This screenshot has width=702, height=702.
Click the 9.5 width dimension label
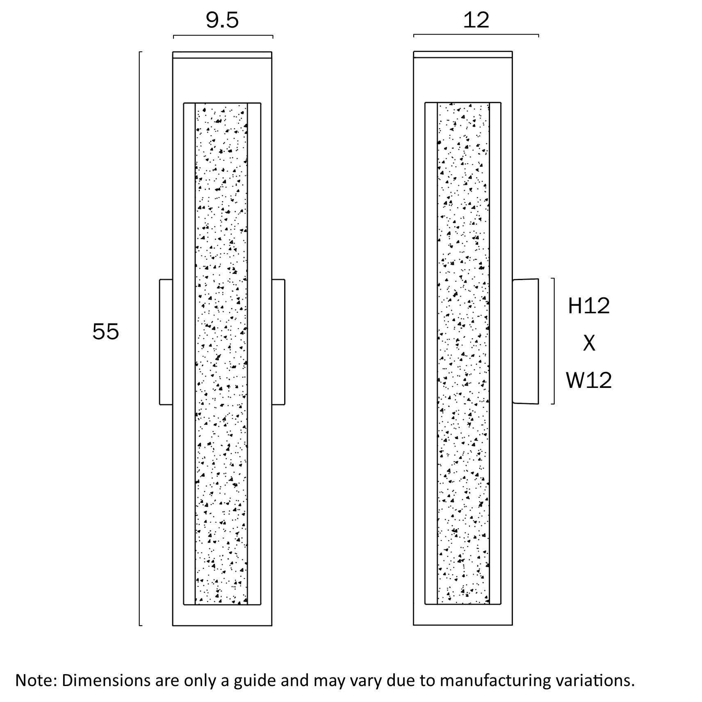pos(222,20)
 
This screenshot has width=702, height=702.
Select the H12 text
pos(589,306)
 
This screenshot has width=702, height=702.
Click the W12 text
pos(589,380)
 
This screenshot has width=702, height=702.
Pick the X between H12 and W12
pos(589,343)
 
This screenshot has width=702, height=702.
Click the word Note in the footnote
pos(34,680)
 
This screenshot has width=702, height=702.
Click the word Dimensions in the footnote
pos(106,680)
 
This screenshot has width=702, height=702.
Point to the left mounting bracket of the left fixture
pos(166,342)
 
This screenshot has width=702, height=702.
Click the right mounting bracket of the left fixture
pos(278,342)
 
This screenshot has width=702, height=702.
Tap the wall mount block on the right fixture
pos(525,341)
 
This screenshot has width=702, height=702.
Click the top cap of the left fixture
pos(222,55)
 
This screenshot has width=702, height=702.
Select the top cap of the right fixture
pos(463,55)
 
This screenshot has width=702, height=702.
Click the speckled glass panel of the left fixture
pos(221,353)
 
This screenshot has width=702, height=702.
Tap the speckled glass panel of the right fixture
pos(463,353)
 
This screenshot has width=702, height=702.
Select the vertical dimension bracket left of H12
pos(554,341)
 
